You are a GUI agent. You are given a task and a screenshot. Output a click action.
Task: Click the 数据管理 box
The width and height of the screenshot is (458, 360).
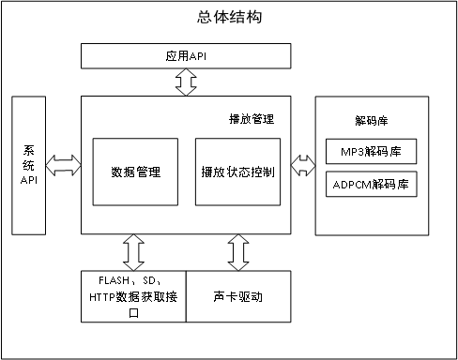coord(136,172)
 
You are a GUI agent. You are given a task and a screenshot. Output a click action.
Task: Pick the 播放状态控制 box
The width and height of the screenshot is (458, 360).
coord(237,172)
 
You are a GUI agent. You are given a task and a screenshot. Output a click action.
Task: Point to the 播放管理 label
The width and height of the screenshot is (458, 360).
coord(252,120)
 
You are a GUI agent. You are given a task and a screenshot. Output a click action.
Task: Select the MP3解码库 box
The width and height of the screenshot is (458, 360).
coord(370,152)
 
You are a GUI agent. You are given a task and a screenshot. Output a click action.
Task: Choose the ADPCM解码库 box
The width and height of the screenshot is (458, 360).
coord(370,184)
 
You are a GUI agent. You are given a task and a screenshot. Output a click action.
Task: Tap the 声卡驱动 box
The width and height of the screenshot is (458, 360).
coord(238,297)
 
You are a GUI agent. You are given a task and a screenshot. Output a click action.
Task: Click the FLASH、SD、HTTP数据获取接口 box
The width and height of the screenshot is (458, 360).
coord(133,297)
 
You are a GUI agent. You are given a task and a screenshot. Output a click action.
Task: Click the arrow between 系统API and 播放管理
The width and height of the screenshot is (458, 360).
coord(64,166)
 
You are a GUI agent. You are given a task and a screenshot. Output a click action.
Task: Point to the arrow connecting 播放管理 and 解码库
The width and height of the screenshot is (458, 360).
coord(302,166)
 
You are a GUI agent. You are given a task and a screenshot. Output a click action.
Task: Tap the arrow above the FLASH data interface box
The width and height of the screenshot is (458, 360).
coord(133,252)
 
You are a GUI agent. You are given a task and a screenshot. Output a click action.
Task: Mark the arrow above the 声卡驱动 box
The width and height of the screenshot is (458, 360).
coord(238,252)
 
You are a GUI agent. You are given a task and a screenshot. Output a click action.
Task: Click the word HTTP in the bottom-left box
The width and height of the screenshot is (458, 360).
coord(105,297)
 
